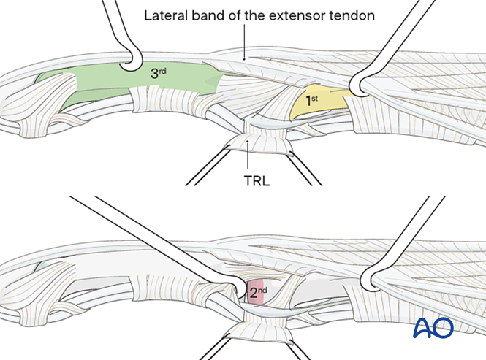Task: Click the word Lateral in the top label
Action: tap(164, 15)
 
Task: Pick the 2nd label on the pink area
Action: tap(257, 294)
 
